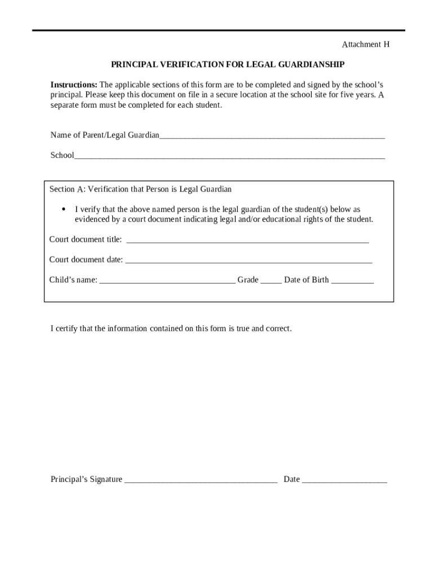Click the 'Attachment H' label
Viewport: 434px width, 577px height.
point(366,45)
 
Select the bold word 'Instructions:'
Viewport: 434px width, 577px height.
point(74,85)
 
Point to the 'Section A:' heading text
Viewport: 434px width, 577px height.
point(67,189)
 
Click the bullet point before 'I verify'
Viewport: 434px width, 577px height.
point(64,210)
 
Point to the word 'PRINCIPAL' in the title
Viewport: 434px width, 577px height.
point(135,65)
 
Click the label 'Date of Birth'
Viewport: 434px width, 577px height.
point(306,280)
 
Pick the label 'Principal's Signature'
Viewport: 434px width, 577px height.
point(86,480)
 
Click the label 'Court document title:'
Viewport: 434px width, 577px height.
point(85,239)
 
